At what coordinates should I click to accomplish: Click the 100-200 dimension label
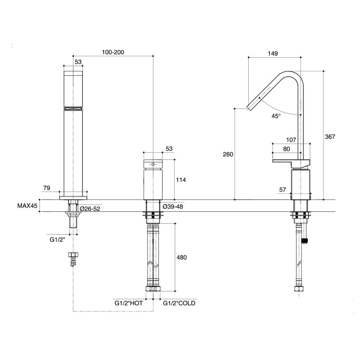(x=113, y=52)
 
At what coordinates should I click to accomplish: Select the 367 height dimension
(x=330, y=137)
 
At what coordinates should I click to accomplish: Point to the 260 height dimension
(x=228, y=154)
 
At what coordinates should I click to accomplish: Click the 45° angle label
(x=276, y=116)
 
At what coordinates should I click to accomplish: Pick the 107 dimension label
(x=291, y=140)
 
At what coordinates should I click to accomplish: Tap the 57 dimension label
(x=283, y=189)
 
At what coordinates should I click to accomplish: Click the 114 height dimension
(x=181, y=180)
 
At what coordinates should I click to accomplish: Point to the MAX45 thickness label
(x=27, y=206)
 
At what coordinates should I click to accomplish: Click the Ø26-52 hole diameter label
(x=90, y=208)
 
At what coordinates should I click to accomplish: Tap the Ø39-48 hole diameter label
(x=173, y=206)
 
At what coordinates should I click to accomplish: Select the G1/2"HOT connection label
(x=129, y=303)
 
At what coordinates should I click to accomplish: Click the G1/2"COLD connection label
(x=179, y=303)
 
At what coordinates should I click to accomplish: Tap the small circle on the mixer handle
(x=153, y=165)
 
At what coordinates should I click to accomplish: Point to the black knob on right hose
(x=306, y=240)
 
